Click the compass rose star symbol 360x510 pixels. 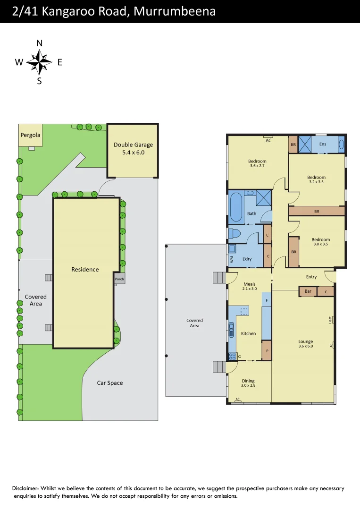tap(39, 62)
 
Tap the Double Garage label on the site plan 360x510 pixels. tap(133, 144)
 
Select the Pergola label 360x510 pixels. tap(30, 135)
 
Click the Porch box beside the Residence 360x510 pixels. tap(119, 279)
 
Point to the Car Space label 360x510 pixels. tap(109, 383)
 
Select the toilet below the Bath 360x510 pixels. tap(234, 233)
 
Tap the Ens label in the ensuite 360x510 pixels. tap(323, 144)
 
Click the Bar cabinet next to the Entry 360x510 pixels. tap(308, 292)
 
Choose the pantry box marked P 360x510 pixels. tap(267, 352)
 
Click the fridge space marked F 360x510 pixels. tap(267, 300)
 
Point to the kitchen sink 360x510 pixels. tap(231, 329)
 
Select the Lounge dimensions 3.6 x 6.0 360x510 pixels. tap(305, 346)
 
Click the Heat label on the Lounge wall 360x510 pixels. tap(330, 320)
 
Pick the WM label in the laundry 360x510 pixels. tap(232, 260)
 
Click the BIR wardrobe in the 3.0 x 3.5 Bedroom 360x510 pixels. tap(293, 252)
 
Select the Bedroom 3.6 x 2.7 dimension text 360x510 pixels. tap(257, 166)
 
